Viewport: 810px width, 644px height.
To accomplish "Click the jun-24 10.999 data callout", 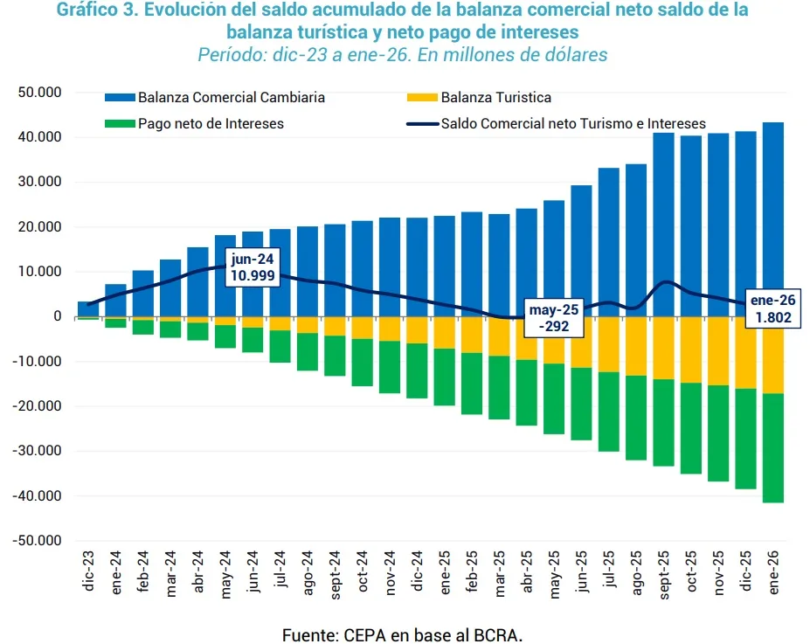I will pos(252,267).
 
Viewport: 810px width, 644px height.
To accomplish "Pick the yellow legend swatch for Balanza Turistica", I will pos(423,98).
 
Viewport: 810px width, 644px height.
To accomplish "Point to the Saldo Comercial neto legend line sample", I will pos(423,124).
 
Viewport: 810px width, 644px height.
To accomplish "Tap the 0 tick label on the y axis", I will pos(57,316).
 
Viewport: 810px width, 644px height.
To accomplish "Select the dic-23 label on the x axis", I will pos(88,571).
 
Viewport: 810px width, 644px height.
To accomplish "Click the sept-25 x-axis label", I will pos(664,574).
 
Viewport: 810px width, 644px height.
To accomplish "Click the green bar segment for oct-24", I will pos(363,363).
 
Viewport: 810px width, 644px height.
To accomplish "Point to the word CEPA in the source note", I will pos(359,634).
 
